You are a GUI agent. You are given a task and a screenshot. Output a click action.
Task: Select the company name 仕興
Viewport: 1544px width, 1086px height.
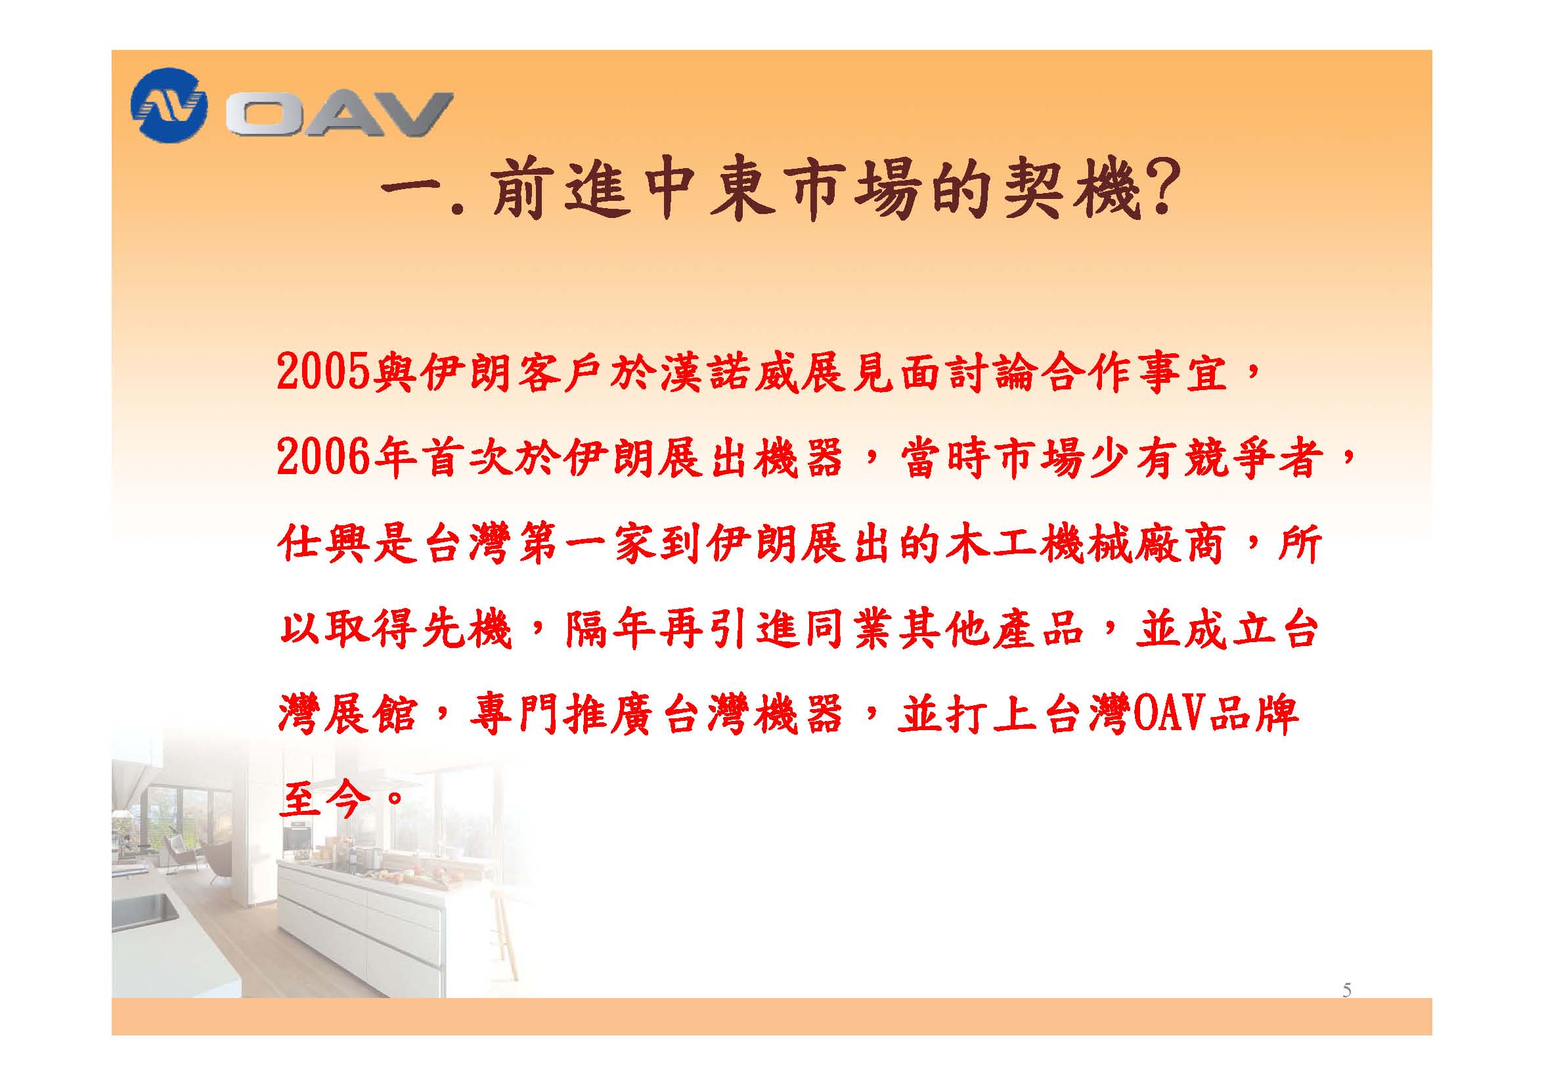(x=324, y=544)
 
